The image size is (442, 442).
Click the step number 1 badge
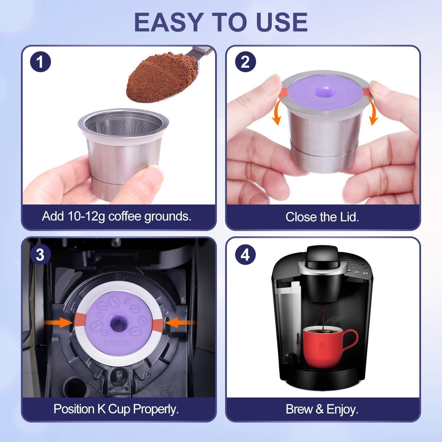(40, 62)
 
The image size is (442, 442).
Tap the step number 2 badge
(245, 62)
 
